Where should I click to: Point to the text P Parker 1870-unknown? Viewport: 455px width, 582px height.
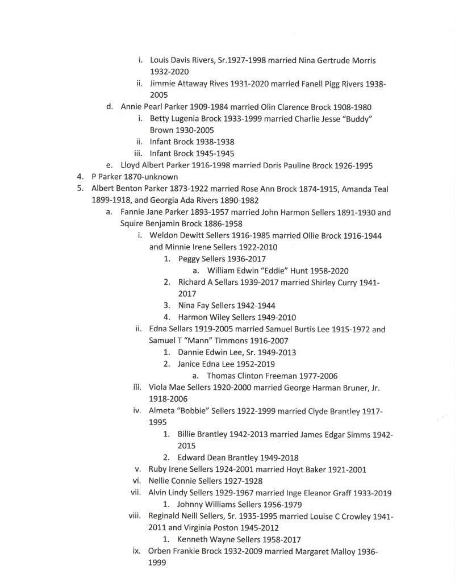[x=127, y=177]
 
